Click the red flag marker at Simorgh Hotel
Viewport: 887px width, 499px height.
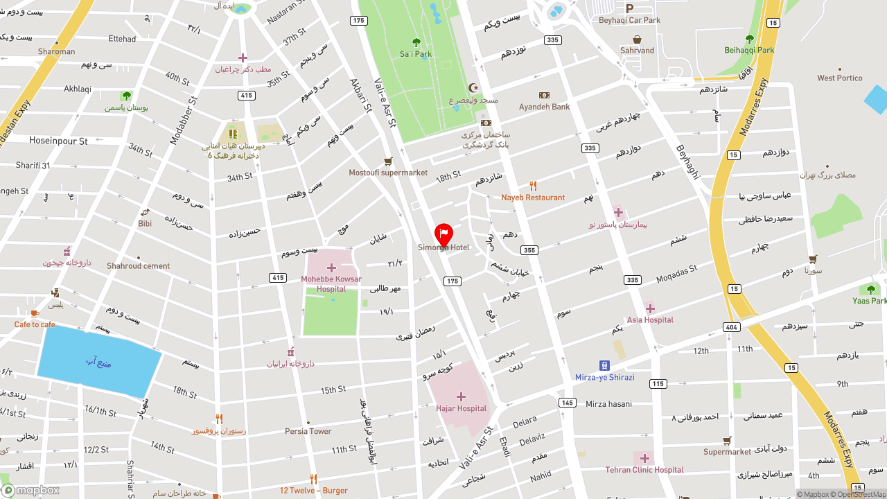coord(443,234)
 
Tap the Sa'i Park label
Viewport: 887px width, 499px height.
coord(416,54)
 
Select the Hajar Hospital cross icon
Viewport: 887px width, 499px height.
coord(461,396)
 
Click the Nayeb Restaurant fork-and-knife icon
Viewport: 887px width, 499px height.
coord(533,186)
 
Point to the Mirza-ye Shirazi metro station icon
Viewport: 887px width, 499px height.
coord(604,365)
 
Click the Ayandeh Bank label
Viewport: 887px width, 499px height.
coord(544,107)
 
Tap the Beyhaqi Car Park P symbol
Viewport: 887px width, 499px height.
coord(629,8)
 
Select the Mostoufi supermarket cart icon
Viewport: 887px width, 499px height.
coord(388,161)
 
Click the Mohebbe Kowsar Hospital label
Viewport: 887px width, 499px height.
coord(331,283)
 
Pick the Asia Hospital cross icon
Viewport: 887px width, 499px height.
coord(650,308)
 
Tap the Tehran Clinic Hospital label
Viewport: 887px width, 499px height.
coord(644,470)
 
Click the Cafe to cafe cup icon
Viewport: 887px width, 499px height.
coord(35,313)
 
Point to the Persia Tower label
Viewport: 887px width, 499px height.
coord(308,431)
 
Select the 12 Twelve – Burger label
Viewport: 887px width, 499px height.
coord(313,491)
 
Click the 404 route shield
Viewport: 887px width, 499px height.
coord(730,327)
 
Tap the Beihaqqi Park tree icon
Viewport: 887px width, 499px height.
coord(749,39)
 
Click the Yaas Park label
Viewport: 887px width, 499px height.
coord(869,301)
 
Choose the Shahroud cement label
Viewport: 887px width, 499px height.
coord(138,265)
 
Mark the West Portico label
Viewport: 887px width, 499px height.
coord(839,78)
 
